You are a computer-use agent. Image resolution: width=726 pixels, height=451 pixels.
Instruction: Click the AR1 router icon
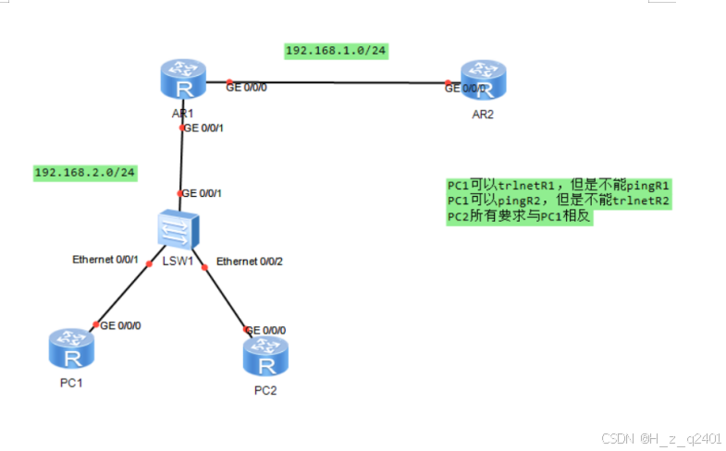tap(181, 80)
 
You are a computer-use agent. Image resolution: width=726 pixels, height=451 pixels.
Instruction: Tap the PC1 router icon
tap(68, 350)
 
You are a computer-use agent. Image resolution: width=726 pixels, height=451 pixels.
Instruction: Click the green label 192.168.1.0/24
tap(335, 50)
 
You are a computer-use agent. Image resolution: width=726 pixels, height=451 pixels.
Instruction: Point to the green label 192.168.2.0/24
tap(85, 173)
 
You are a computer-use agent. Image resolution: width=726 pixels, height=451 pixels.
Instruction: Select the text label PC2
tap(265, 389)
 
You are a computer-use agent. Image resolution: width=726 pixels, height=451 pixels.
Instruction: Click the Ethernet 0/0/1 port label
tap(105, 260)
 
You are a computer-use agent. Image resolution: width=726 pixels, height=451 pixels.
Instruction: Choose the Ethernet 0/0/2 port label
tap(250, 262)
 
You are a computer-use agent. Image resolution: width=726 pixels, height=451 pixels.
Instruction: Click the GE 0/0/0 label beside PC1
tap(120, 325)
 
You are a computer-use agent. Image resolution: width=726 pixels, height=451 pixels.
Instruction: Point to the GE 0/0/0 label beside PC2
tap(265, 330)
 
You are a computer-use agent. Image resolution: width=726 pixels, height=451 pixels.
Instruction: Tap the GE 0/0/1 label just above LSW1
tap(203, 193)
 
